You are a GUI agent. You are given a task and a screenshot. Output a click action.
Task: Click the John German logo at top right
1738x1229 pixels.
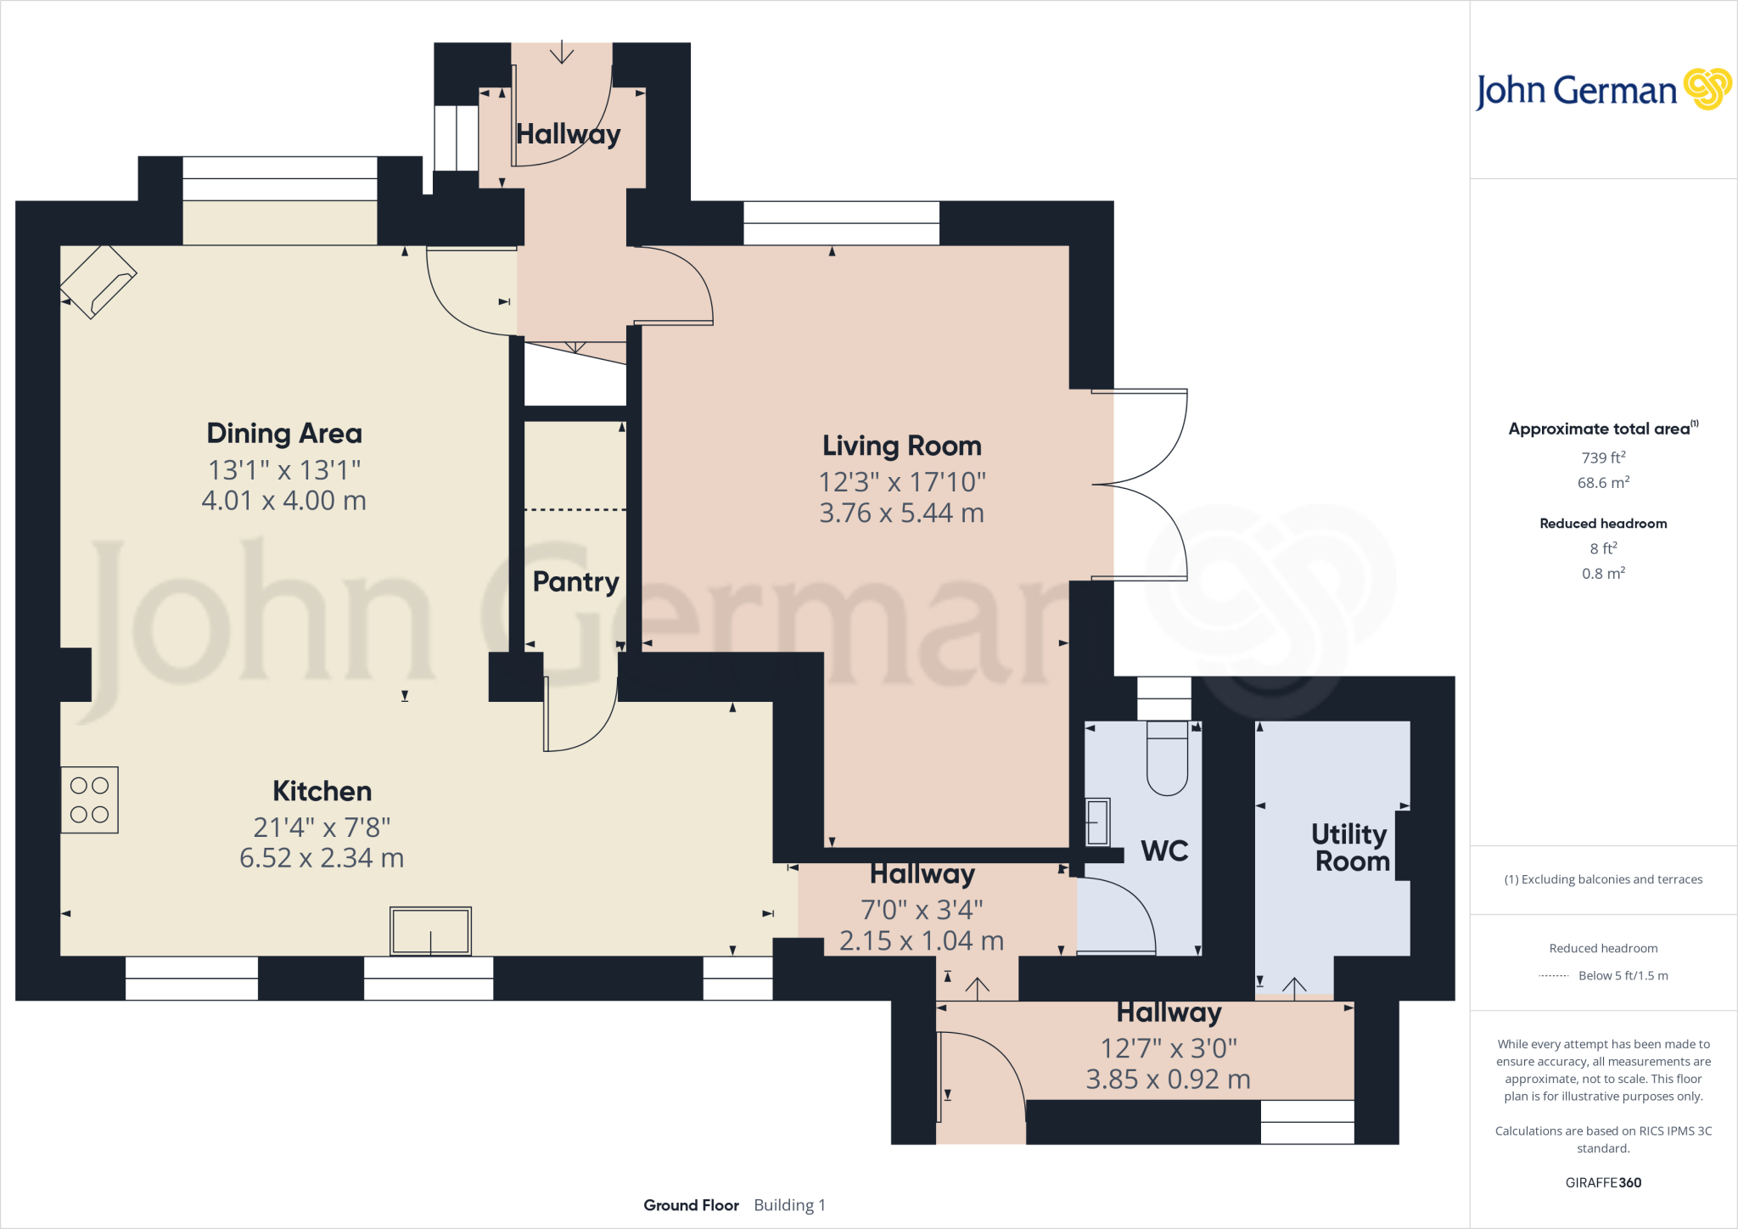1602,90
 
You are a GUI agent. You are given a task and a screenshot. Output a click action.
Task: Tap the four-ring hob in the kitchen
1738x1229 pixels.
89,800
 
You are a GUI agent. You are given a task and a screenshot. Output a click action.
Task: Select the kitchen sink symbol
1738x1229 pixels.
430,930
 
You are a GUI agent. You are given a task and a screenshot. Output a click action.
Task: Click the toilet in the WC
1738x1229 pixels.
1167,760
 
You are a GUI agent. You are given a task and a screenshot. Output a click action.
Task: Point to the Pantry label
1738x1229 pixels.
575,581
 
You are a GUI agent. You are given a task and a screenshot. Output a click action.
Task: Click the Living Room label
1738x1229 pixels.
901,446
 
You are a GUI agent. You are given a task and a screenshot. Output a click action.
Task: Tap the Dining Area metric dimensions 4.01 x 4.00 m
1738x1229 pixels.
283,501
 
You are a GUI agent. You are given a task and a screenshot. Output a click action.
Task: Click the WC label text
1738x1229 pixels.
1164,850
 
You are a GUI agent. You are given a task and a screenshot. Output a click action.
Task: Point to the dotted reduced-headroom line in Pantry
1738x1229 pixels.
575,509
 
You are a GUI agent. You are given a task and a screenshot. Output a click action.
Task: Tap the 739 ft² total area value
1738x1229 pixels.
1603,457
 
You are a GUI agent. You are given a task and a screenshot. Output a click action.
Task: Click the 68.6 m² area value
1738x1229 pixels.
1603,483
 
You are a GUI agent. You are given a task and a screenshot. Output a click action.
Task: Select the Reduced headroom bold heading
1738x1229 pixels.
1603,524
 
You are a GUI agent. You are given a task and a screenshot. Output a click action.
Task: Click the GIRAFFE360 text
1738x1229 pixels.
1603,1182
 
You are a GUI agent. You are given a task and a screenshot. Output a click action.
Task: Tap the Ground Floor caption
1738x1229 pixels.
691,1205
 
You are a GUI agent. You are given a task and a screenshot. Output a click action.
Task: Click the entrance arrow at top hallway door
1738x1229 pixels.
561,53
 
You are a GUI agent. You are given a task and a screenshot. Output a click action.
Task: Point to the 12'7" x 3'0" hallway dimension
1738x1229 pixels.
1169,1048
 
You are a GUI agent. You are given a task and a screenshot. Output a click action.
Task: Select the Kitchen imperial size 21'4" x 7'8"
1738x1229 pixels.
322,827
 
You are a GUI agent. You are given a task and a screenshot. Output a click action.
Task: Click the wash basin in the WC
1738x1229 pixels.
1097,822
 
